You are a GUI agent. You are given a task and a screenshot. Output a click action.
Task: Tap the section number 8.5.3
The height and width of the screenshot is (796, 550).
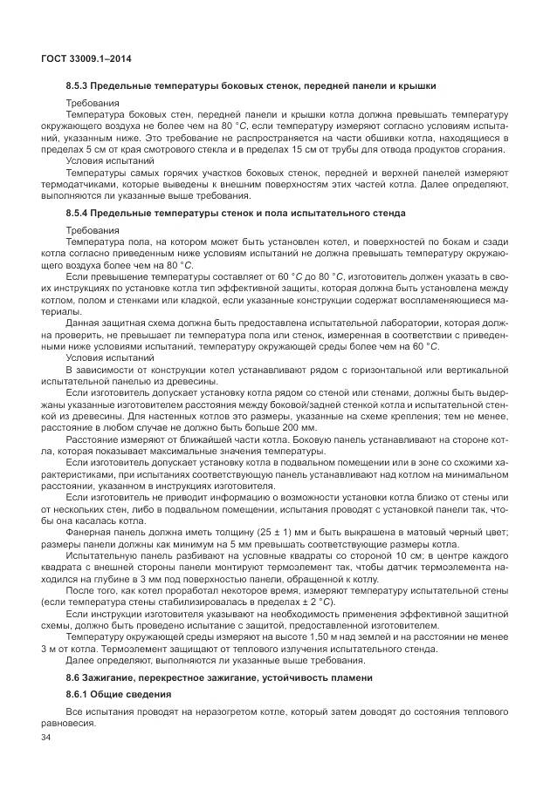80,85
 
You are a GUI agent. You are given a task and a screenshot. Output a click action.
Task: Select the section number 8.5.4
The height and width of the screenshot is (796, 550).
80,213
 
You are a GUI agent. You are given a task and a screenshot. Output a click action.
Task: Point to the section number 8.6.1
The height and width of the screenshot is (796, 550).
80,694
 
